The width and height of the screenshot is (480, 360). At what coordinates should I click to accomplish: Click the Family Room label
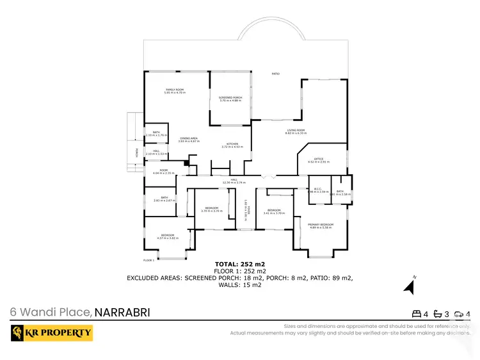(175, 90)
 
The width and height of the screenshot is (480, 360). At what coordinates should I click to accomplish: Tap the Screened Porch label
(230, 97)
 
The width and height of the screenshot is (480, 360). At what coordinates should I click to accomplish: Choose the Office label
(319, 159)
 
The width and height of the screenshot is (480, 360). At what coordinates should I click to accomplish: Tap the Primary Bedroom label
(321, 224)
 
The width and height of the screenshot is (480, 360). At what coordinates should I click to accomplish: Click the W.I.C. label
(318, 188)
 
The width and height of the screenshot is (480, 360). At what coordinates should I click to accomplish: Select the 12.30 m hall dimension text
(234, 183)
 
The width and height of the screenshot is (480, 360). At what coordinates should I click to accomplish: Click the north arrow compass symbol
(408, 286)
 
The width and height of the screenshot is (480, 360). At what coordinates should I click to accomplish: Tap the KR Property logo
(51, 333)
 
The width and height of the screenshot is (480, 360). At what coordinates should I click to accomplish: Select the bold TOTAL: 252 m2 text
(239, 264)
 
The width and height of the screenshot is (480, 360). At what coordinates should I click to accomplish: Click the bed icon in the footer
(416, 314)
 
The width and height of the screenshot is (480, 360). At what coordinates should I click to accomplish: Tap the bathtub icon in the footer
(438, 314)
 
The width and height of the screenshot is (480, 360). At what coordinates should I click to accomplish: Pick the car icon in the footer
(459, 314)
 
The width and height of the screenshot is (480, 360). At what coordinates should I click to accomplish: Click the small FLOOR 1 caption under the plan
(148, 260)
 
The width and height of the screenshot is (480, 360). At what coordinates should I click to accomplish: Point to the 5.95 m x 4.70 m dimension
(175, 93)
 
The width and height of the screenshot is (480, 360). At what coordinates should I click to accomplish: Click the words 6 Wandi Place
(51, 313)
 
